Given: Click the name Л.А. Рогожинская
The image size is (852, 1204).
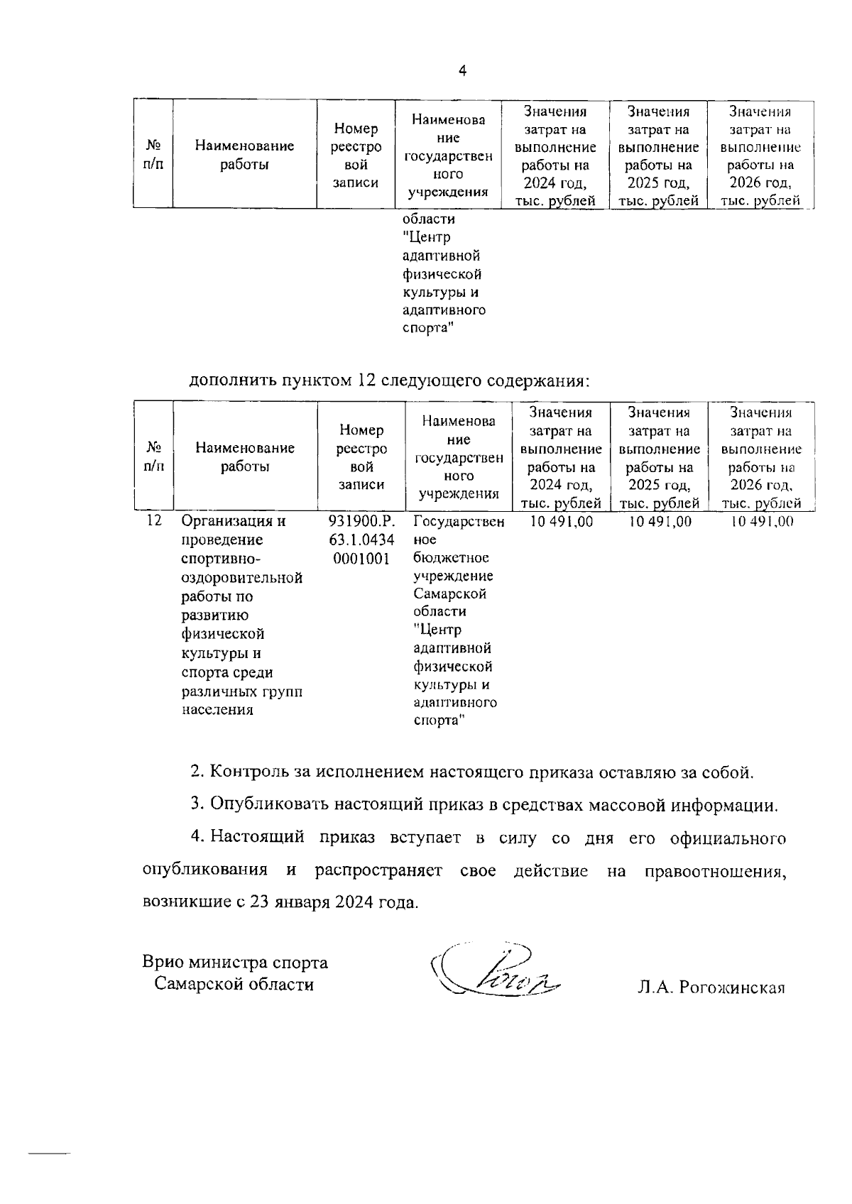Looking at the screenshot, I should point(711,987).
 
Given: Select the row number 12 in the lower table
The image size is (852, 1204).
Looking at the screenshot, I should point(154,521).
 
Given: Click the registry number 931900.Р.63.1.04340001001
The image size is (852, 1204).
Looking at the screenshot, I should point(361,540).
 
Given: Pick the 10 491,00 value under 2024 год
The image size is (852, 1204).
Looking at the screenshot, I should point(561,522).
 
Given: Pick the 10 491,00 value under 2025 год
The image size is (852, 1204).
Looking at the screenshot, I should point(660,522).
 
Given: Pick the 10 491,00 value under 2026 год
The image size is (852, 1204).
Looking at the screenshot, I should point(761,522).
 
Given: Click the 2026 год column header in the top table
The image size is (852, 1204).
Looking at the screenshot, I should point(760,156).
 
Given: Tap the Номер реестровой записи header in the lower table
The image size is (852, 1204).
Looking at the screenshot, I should point(361,457).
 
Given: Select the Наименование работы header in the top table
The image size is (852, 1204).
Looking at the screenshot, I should point(244,155).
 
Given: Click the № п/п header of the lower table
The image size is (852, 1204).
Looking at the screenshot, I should point(154,457).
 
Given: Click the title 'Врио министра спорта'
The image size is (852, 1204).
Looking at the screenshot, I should point(235,963).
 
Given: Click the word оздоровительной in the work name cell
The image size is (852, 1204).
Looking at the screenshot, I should point(242,578).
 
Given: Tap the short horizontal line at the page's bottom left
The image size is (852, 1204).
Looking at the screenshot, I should point(48,1154).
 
